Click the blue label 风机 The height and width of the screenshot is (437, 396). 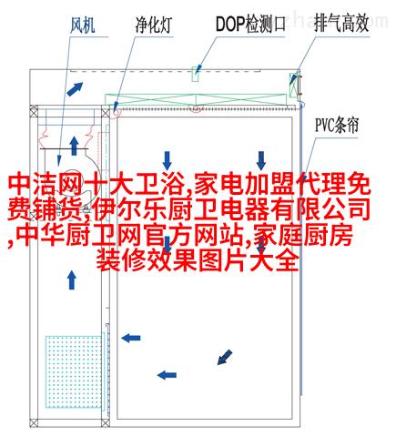tap(83, 25)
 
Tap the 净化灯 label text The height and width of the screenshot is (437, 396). tap(154, 25)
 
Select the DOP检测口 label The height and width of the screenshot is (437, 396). tap(250, 24)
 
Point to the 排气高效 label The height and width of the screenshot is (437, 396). tap(341, 24)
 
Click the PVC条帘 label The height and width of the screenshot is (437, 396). tap(337, 126)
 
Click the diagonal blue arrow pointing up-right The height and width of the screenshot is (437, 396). tap(75, 88)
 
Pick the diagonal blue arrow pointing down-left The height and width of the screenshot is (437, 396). tap(225, 357)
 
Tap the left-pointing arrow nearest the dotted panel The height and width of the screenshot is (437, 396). tap(130, 338)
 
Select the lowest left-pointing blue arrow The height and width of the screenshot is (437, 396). tap(167, 375)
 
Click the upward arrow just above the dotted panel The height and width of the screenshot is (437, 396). tap(72, 279)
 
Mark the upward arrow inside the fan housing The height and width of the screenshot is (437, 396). tap(74, 146)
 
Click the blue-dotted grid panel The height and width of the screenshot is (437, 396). tap(74, 371)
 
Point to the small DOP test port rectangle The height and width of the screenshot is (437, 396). tap(196, 74)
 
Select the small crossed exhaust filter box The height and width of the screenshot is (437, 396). tap(293, 86)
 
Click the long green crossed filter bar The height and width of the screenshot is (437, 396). tap(196, 99)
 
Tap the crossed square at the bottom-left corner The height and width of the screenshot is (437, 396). tap(34, 422)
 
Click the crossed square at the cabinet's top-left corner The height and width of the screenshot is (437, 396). tap(34, 109)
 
